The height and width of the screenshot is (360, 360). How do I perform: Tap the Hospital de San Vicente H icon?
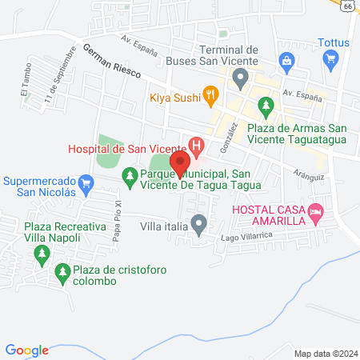click(x=195, y=146)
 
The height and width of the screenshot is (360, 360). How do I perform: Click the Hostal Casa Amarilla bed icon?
click(x=316, y=211)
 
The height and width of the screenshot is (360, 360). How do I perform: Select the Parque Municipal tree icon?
click(x=128, y=174)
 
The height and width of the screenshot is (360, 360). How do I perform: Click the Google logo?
click(x=27, y=350)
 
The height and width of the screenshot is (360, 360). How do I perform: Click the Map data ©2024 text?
click(x=323, y=353)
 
